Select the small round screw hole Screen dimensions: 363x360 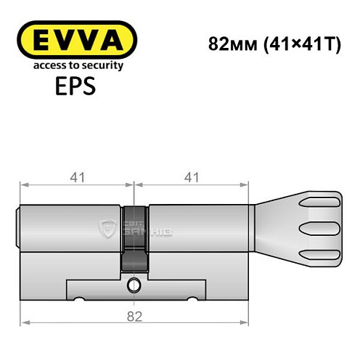(x=134, y=284)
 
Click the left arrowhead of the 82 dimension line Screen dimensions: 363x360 (x=23, y=323)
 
